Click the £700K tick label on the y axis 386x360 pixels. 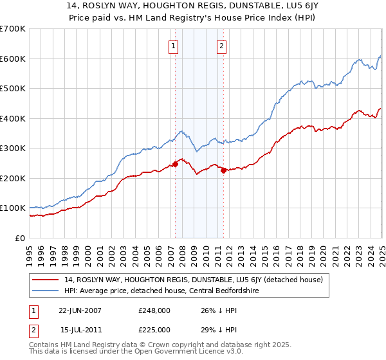point(13,29)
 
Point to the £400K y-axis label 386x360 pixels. point(13,118)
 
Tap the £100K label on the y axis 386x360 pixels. point(13,208)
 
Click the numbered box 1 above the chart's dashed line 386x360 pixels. point(174,46)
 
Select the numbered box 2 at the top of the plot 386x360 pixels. point(221,46)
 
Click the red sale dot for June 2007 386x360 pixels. point(175,164)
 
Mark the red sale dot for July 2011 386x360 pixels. point(223,170)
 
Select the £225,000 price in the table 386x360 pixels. point(154,330)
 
